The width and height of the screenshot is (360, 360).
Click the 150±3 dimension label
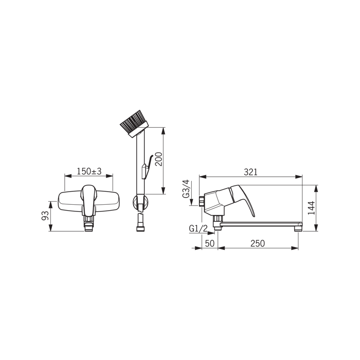89,171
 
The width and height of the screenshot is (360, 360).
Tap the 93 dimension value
45,216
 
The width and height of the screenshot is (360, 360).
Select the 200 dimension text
159,159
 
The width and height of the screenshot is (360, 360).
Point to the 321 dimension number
251,172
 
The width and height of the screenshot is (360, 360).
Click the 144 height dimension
311,208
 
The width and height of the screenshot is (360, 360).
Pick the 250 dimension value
257,243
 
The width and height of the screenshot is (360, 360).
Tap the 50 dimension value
209,243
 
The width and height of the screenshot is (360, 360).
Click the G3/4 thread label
186,189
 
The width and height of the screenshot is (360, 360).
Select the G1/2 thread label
198,229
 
